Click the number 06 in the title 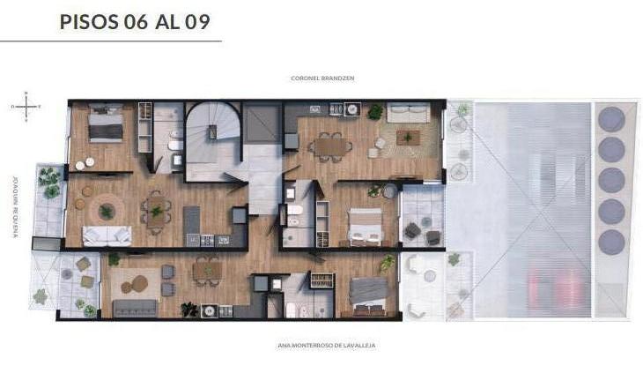click(x=136, y=22)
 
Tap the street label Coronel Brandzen click(x=322, y=78)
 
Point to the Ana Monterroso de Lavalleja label click(x=327, y=346)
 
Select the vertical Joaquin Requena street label click(x=15, y=207)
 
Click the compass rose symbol click(x=26, y=107)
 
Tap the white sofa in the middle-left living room click(x=107, y=235)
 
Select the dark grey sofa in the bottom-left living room click(x=135, y=308)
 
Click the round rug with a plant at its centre click(x=107, y=211)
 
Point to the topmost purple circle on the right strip click(x=611, y=119)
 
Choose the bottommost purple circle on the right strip click(x=611, y=242)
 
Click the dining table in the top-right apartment click(x=330, y=146)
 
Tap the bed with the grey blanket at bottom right click(x=368, y=296)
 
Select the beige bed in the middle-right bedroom click(x=365, y=227)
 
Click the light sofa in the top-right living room click(x=409, y=113)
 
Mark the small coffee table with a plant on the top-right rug click(x=408, y=138)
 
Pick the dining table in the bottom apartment click(x=208, y=271)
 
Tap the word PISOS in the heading click(x=89, y=22)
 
